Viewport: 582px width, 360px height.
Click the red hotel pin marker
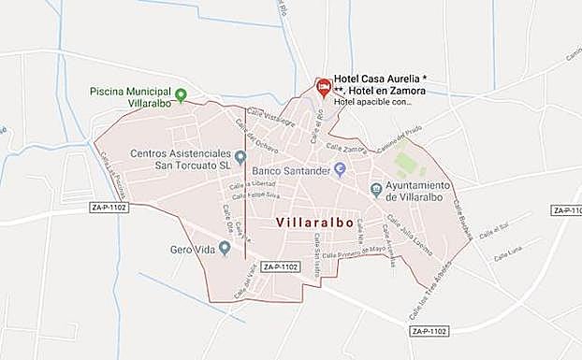point(323,88)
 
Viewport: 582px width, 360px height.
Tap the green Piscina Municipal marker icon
point(182,94)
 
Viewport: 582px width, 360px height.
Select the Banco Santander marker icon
point(341,169)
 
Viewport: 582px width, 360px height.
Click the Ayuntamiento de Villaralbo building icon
point(376,190)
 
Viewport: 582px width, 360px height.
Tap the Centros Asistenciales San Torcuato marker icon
point(240,156)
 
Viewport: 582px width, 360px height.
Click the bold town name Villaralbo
point(315,223)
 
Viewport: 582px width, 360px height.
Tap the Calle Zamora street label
point(345,148)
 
